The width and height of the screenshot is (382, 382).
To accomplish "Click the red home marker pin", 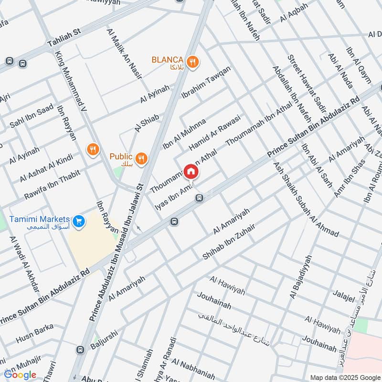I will coord(191,171).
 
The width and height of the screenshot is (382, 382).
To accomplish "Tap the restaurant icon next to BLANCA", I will coord(193,61).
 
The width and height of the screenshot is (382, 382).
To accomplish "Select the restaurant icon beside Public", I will coord(141,158).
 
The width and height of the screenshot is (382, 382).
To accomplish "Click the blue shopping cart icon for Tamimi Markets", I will coord(79,221).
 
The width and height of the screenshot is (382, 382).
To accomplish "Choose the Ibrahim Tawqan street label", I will coord(206,82).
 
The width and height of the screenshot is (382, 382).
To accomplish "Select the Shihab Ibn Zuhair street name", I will coord(229,242).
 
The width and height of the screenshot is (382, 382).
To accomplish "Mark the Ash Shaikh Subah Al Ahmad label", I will coord(306,200).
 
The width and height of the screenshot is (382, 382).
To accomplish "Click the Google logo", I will coord(20,375).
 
